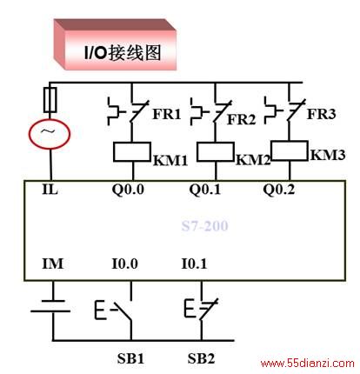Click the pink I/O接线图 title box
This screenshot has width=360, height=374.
(x=115, y=44)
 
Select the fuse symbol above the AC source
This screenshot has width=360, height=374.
(x=50, y=100)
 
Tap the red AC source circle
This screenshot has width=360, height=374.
(x=50, y=134)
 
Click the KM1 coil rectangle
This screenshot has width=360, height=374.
(x=132, y=151)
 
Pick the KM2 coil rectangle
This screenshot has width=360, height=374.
(x=216, y=151)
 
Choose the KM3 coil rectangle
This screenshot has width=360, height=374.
(x=290, y=150)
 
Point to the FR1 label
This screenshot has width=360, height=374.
(x=167, y=114)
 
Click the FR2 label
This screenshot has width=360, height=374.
(x=241, y=119)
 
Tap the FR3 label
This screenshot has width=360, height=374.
(x=322, y=114)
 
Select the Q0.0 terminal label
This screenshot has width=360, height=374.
(x=128, y=190)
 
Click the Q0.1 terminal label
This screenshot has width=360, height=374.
(x=204, y=190)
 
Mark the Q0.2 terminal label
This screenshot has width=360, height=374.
(x=278, y=190)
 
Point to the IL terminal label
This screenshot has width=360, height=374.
(x=50, y=190)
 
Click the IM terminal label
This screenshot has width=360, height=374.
(x=52, y=264)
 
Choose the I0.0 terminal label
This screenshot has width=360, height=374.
(x=124, y=264)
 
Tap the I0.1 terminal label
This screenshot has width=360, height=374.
(x=194, y=264)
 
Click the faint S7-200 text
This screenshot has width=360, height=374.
(x=204, y=226)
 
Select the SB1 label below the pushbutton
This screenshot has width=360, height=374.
(x=130, y=358)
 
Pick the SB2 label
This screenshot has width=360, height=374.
(x=201, y=358)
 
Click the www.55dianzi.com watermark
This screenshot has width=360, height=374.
(x=307, y=364)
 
